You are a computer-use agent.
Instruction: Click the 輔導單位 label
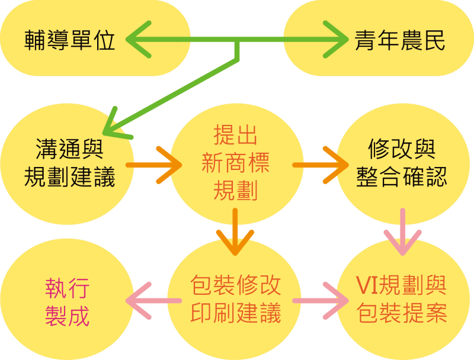[70, 41]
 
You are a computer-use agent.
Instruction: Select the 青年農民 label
[400, 41]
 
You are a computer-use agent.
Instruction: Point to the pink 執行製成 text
[67, 302]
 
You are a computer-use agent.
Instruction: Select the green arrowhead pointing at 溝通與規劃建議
[113, 125]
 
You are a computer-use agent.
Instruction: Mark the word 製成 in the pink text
[67, 316]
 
